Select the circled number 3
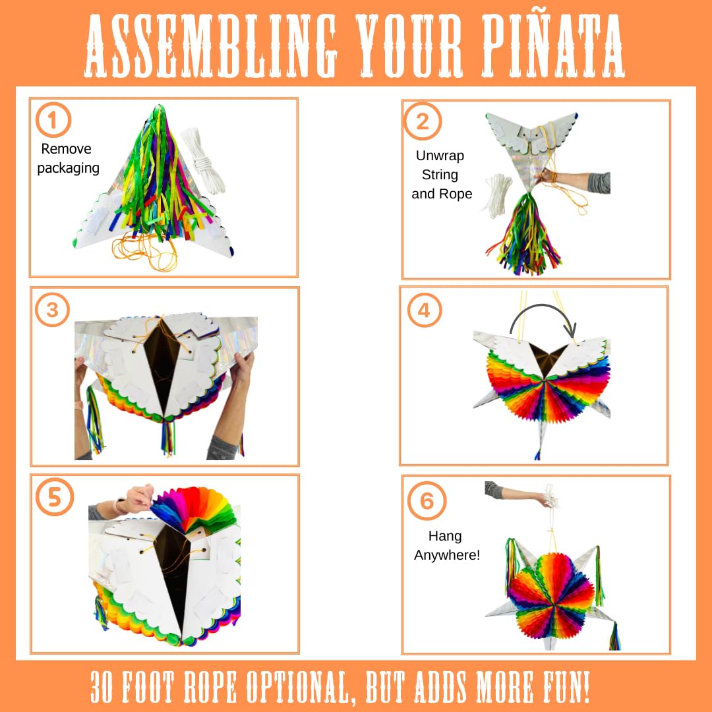(x=52, y=311)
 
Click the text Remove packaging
(x=67, y=158)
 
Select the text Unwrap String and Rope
(x=441, y=175)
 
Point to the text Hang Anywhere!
(x=446, y=546)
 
